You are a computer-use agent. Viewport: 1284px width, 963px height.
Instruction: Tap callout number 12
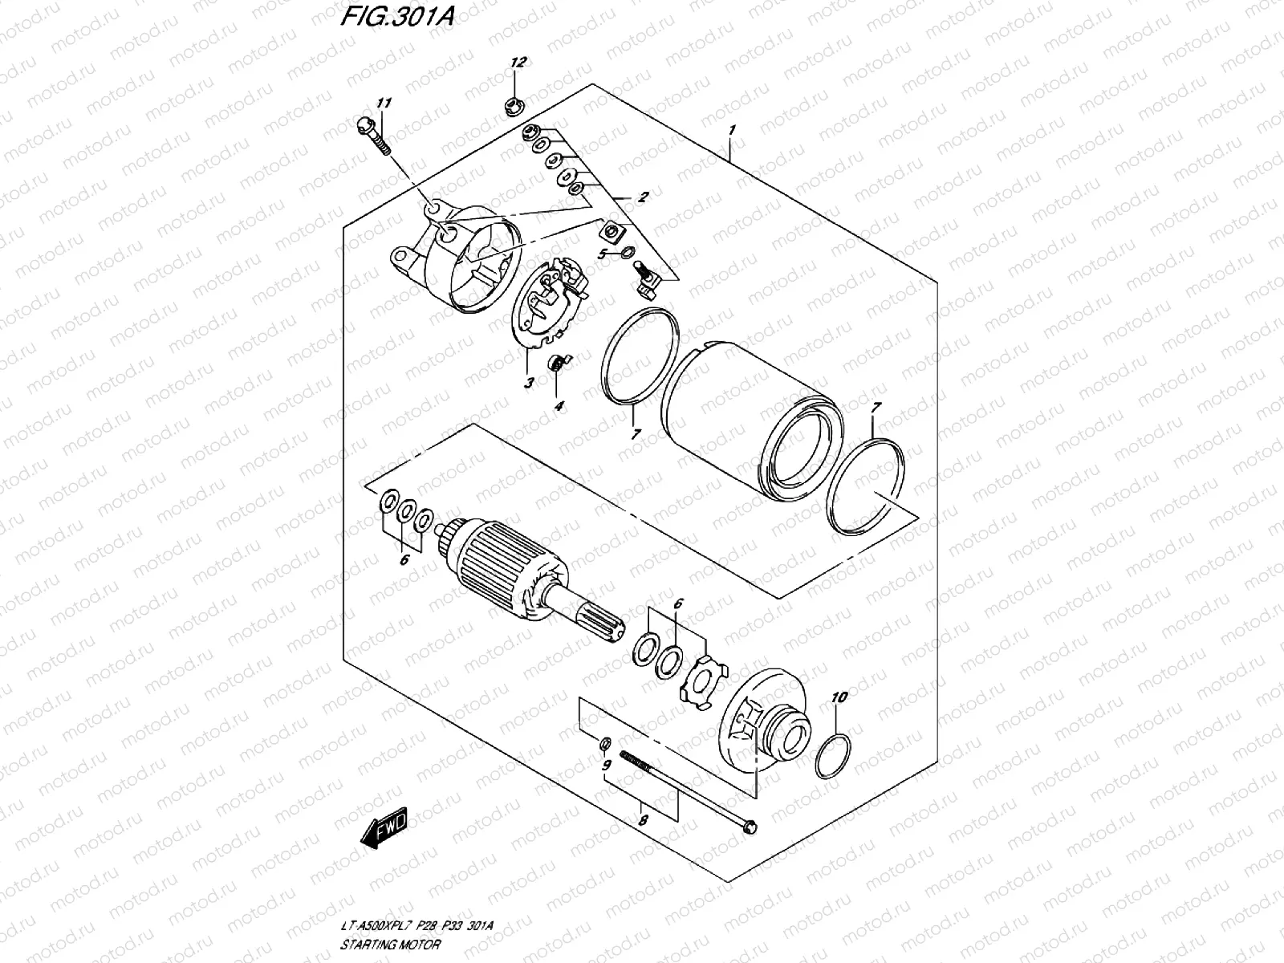[x=518, y=63]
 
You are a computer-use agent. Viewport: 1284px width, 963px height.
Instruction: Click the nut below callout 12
[x=511, y=104]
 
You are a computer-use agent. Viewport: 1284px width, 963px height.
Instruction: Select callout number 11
[x=384, y=104]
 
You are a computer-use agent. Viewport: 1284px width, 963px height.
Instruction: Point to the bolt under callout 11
[x=372, y=136]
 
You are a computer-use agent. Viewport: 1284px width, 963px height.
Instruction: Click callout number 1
[x=732, y=130]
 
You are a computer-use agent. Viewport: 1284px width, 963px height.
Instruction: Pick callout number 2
[x=643, y=197]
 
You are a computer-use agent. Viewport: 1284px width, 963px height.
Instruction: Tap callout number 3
[x=529, y=384]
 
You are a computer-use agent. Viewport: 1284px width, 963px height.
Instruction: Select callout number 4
[x=559, y=406]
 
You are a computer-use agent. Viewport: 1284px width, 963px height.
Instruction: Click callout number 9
[x=607, y=764]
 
